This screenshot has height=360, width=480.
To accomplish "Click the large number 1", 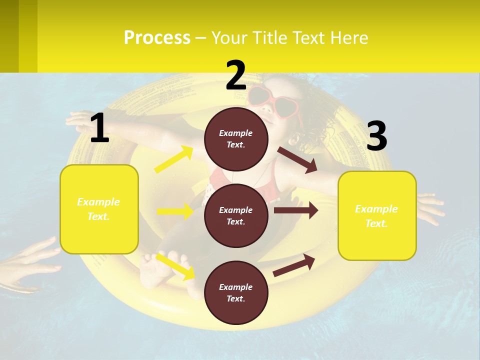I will click(x=99, y=128).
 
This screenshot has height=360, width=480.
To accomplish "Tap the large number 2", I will click(x=236, y=75).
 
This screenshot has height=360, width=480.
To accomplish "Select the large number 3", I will click(x=376, y=136).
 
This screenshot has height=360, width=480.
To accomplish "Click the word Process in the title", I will click(x=157, y=37).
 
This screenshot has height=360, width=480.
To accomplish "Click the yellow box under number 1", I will click(x=99, y=209).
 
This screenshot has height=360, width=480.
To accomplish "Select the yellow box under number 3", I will click(x=377, y=215).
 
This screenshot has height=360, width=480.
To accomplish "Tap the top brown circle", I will click(x=236, y=139).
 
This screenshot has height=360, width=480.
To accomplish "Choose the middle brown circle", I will click(x=236, y=215).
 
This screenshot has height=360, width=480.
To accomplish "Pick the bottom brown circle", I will click(x=236, y=292).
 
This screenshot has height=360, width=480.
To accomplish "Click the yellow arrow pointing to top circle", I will click(x=174, y=159).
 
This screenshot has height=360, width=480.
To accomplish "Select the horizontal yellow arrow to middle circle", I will click(x=175, y=211).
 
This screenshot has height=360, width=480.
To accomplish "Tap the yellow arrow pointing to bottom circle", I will click(x=175, y=266).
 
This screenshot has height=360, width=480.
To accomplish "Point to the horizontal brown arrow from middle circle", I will click(x=295, y=210).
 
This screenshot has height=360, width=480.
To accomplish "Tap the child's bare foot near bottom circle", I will click(x=157, y=270).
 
